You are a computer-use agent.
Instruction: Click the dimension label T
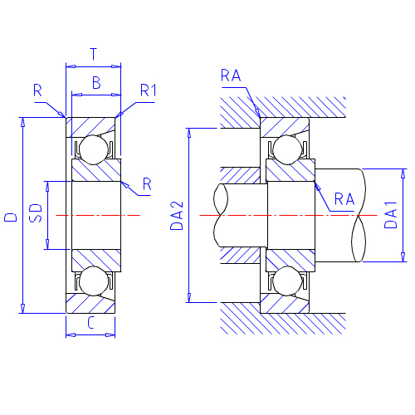(94, 54)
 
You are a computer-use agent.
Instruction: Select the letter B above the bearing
(96, 83)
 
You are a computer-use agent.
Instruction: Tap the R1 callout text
(148, 90)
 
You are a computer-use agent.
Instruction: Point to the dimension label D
(11, 217)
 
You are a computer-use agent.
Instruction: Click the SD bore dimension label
(36, 213)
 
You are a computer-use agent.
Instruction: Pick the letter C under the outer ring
(90, 323)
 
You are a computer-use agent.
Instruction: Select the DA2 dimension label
(177, 216)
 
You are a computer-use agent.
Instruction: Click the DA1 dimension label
(391, 215)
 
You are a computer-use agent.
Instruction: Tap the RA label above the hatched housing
(231, 76)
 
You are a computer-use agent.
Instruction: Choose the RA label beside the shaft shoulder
(344, 199)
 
